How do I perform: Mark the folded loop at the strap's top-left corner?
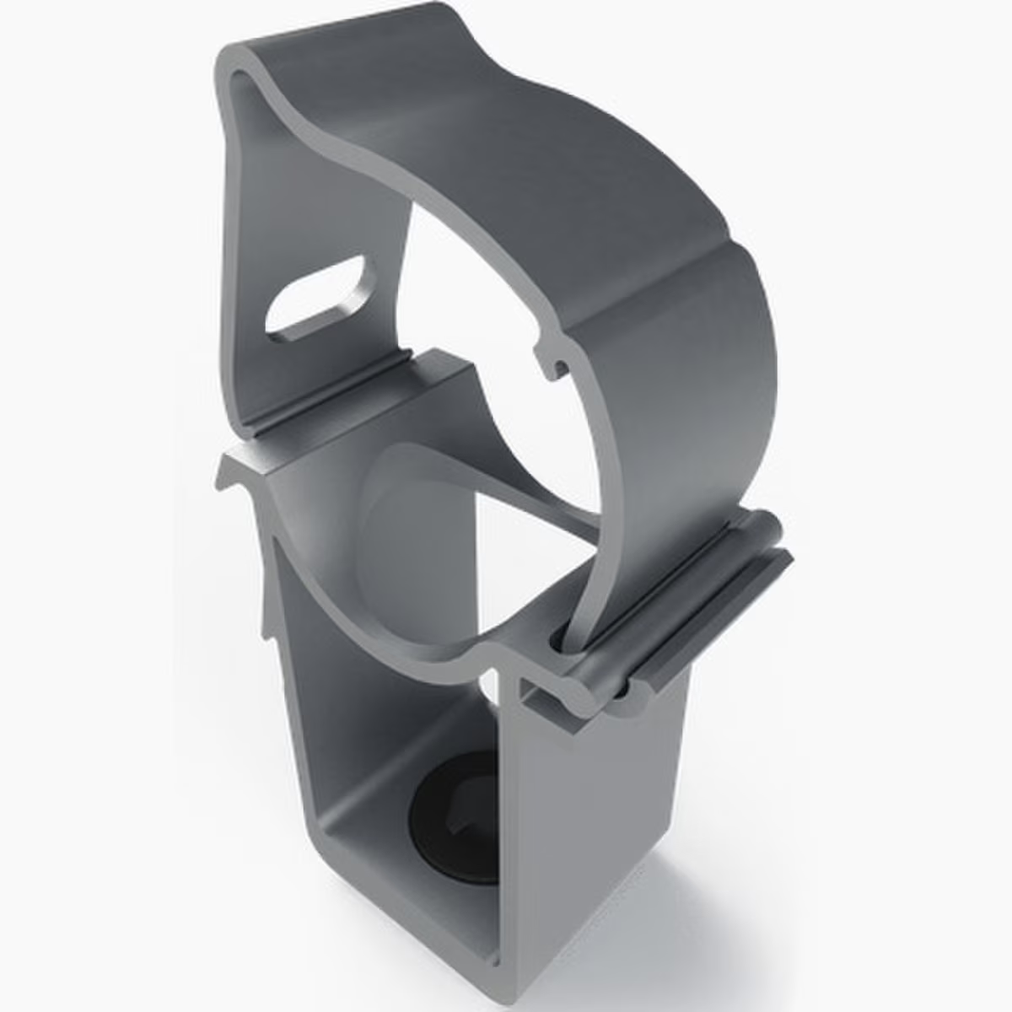pyautogui.click(x=240, y=80)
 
